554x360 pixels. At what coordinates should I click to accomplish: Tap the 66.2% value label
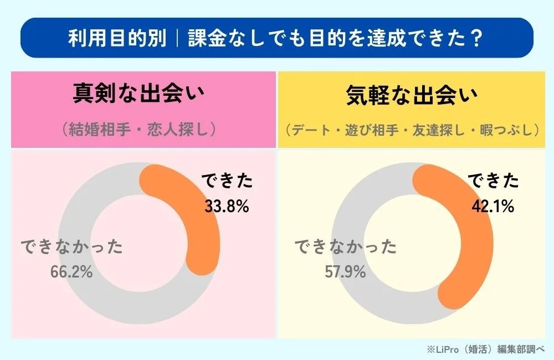click(x=70, y=272)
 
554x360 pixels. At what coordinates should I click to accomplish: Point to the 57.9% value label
click(x=343, y=272)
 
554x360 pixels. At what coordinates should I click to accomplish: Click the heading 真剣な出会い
click(x=138, y=95)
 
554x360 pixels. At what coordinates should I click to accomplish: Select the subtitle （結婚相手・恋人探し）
click(x=138, y=128)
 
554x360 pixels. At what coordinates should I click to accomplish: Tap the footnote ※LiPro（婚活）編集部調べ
click(x=485, y=349)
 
